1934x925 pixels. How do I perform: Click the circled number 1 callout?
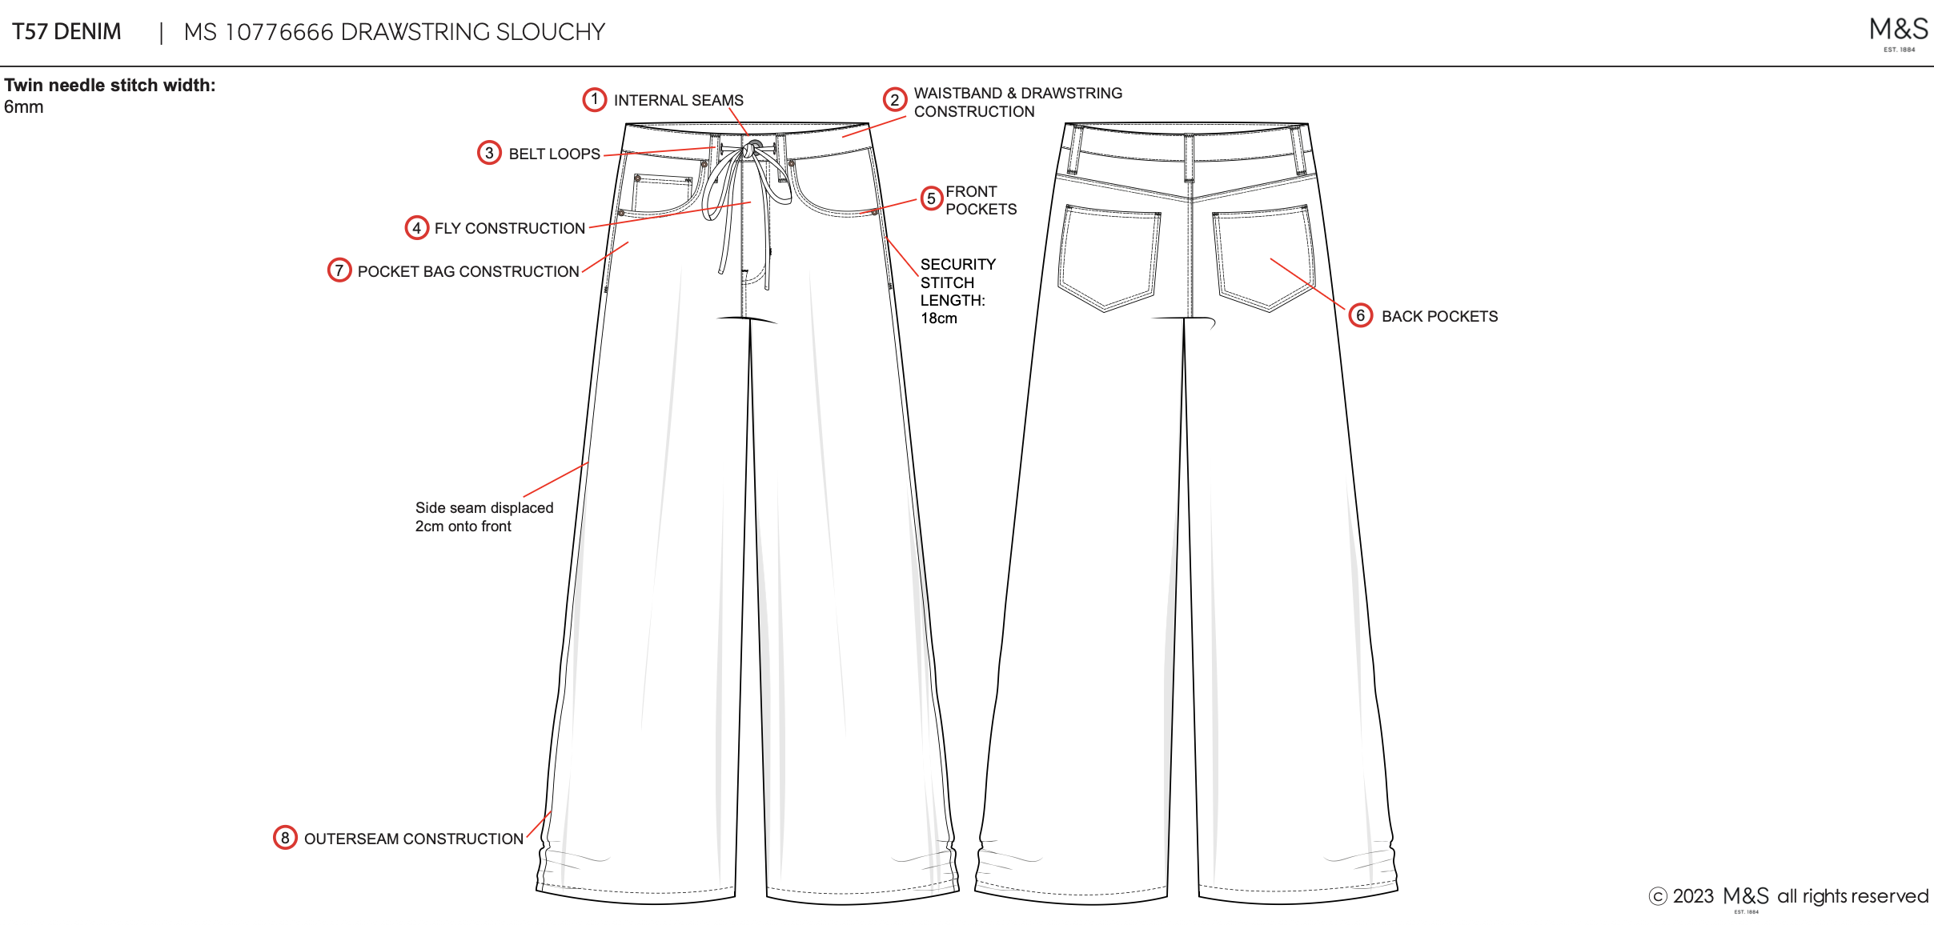tap(594, 100)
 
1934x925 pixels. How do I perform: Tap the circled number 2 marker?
tap(894, 100)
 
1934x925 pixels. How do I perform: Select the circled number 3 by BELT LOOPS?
tap(489, 153)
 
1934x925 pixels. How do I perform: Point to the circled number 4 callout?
tap(416, 228)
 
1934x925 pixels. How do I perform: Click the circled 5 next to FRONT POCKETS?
tap(931, 198)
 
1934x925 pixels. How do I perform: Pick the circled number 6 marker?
tap(1360, 316)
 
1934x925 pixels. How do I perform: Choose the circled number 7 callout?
tap(339, 270)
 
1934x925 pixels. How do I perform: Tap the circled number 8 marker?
tap(285, 838)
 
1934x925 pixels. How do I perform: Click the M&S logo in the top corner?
tap(1898, 32)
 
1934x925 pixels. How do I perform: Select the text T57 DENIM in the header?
tap(66, 32)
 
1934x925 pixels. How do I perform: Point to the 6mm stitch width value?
tap(24, 107)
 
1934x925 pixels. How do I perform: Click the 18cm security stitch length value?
tap(938, 318)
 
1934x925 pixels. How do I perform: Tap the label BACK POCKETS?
tap(1439, 317)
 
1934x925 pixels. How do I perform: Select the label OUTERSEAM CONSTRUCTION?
tap(413, 839)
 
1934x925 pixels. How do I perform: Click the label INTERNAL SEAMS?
tap(678, 101)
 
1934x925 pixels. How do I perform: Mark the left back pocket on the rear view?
tap(1109, 256)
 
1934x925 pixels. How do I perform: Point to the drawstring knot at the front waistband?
tap(754, 148)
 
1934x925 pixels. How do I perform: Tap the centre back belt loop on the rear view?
tap(1190, 158)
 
